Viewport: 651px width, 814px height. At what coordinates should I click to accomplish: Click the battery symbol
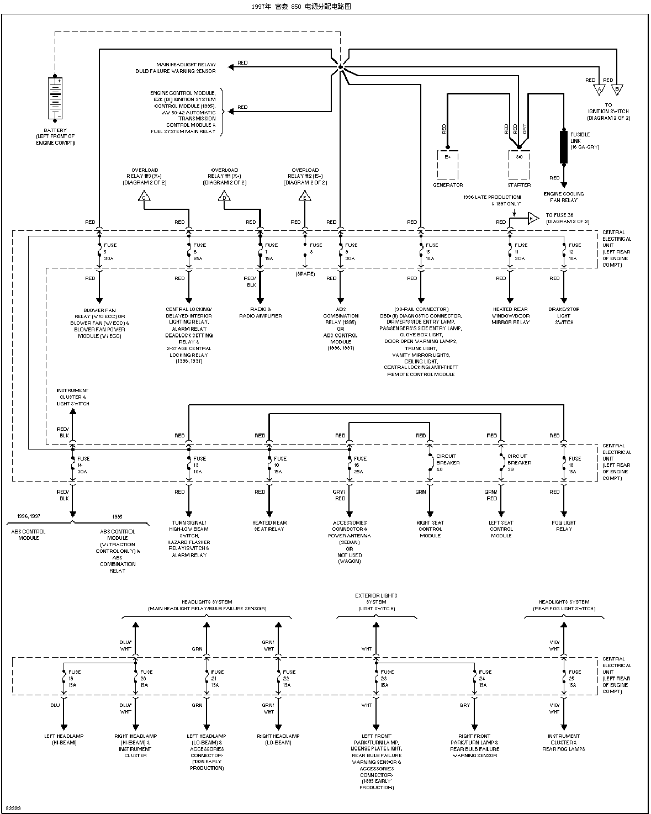point(55,98)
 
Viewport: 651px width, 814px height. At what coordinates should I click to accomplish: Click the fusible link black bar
point(564,147)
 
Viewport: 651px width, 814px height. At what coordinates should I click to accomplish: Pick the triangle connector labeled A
point(599,89)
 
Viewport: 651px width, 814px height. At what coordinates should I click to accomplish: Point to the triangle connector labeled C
point(144,196)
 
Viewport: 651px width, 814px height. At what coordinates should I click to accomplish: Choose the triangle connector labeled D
point(224,196)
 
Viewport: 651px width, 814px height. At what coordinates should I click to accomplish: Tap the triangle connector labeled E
point(304,196)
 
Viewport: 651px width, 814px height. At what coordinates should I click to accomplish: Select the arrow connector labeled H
point(532,218)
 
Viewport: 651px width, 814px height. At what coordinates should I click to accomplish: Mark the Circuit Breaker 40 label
point(447,463)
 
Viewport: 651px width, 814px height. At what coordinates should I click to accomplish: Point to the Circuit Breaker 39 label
point(518,463)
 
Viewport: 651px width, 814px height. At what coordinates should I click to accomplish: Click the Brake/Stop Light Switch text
point(564,316)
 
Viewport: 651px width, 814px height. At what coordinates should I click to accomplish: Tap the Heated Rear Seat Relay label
point(269,526)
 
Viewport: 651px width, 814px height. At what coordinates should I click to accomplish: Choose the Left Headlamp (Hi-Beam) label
point(64,739)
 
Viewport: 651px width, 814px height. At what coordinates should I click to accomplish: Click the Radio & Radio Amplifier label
point(261,313)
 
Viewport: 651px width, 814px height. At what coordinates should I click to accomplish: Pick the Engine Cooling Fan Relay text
point(564,197)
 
